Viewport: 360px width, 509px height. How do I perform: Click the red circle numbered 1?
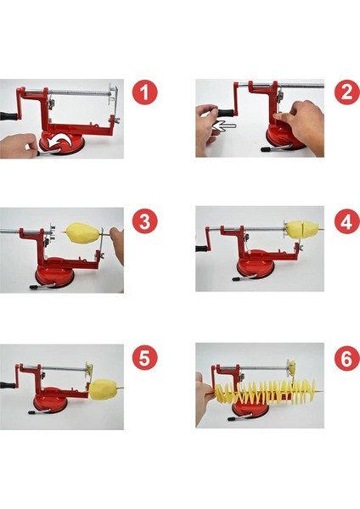point(144,92)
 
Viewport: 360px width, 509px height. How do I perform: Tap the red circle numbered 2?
point(347,92)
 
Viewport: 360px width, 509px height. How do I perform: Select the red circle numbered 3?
point(144,221)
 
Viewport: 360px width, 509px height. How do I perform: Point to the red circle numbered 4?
point(347,221)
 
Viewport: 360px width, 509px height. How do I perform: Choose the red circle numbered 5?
point(144,358)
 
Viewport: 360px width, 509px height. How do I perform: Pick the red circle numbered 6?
point(347,358)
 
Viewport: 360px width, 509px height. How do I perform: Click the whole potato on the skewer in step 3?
point(83,232)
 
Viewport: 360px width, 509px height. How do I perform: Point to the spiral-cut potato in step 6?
point(265,392)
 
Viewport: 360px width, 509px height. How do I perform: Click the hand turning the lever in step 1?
point(18,145)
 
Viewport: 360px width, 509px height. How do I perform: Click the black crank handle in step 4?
point(203,249)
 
